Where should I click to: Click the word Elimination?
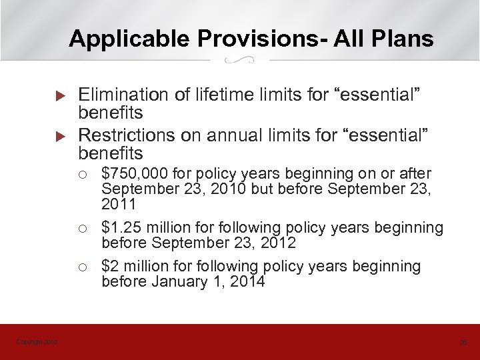121,95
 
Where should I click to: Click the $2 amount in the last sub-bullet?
109,267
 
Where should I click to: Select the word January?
179,281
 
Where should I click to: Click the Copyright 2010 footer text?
37,342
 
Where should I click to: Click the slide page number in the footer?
463,342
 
